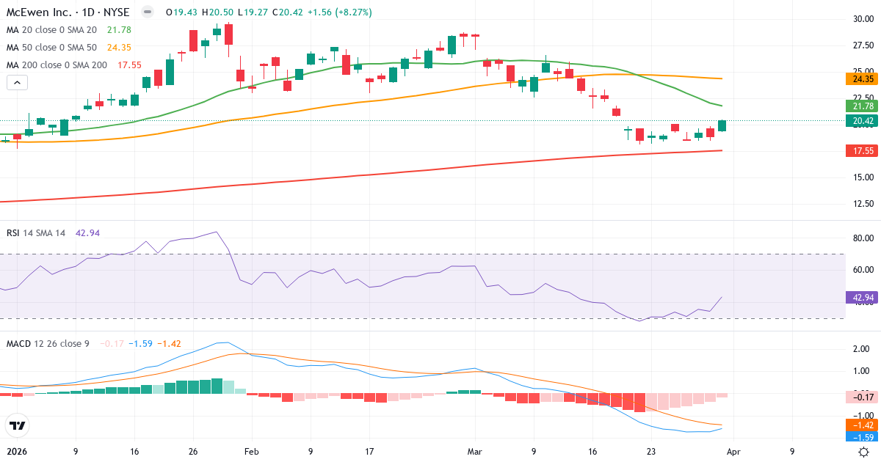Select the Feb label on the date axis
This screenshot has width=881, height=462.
tap(252, 452)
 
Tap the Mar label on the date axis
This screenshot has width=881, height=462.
tap(475, 452)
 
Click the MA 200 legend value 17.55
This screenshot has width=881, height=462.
tap(130, 65)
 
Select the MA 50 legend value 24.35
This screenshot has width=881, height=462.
tap(118, 47)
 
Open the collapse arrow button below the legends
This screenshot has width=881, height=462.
tap(17, 83)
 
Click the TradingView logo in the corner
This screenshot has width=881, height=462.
tap(17, 425)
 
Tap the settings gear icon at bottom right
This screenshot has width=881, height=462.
tap(864, 452)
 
